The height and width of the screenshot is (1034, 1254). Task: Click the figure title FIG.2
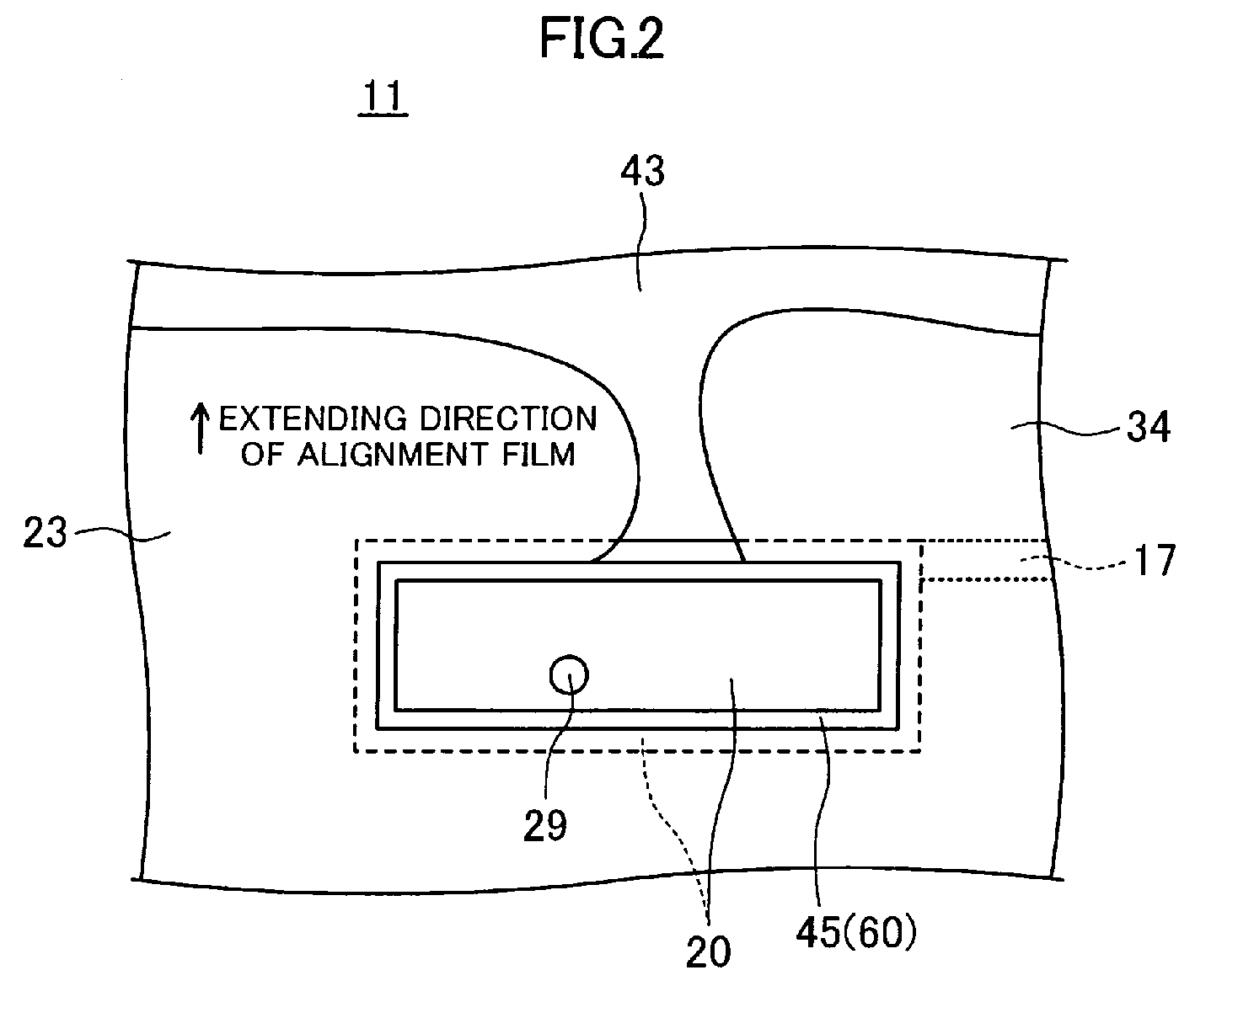coord(602,38)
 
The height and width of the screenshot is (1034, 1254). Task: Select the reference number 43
coord(643,171)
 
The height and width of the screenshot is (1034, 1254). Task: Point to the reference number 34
coord(1149,427)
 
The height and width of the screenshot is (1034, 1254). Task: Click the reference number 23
coord(45,532)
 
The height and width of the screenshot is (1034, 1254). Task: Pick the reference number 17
coord(1155,561)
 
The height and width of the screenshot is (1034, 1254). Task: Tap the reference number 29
coord(544,826)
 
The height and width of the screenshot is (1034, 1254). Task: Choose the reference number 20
coord(708,951)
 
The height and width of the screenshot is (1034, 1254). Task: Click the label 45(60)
coord(856,933)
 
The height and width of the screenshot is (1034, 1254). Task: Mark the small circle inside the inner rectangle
coord(569,674)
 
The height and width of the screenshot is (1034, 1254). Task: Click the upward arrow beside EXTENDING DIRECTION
coord(200,429)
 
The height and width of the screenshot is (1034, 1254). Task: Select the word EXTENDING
coord(313,418)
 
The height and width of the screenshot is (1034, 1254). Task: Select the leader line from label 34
coord(1065,428)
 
